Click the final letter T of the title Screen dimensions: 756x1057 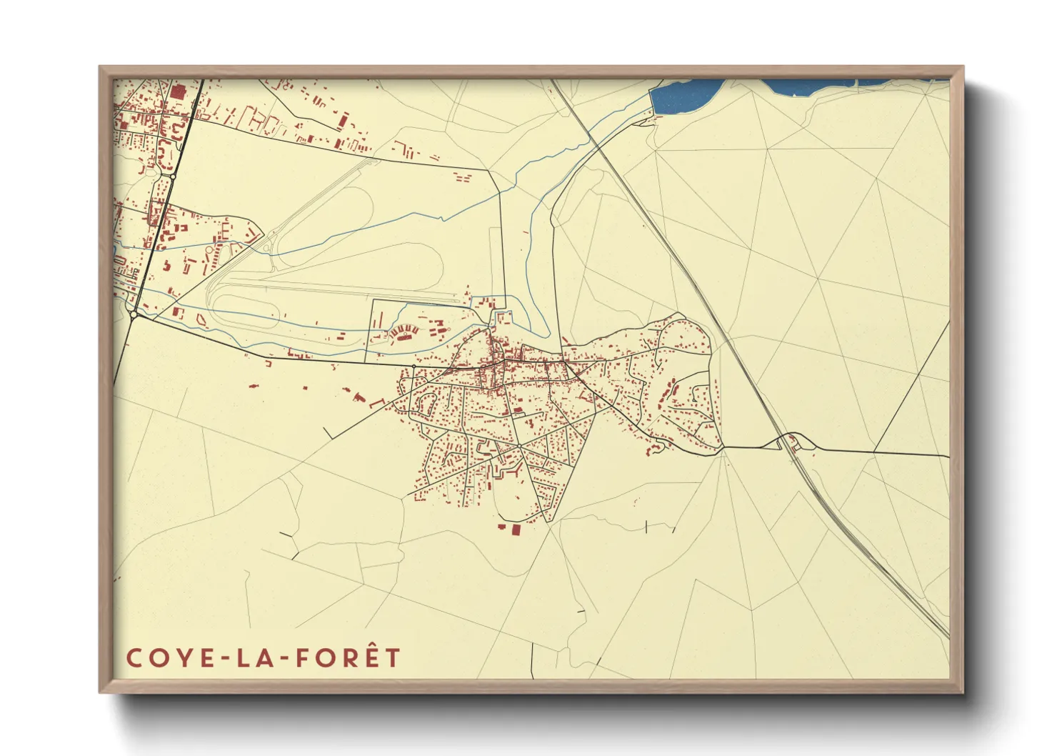pos(392,657)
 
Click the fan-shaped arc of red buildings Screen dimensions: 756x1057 pos(405,331)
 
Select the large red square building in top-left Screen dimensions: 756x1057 pos(177,92)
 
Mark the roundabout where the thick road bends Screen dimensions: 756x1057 pos(134,314)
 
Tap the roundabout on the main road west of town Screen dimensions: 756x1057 pos(414,367)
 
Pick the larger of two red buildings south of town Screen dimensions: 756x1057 pos(515,529)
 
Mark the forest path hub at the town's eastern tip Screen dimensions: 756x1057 pos(723,449)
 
